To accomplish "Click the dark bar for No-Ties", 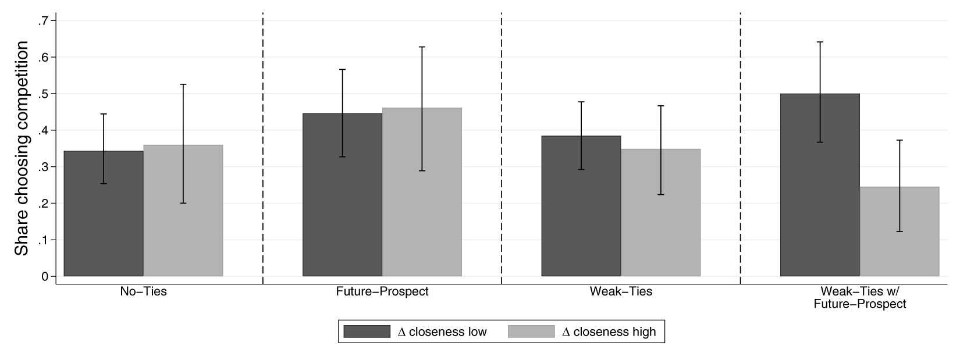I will click(104, 221).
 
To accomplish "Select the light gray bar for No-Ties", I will click(183, 221).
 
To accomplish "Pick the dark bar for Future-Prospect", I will click(342, 204).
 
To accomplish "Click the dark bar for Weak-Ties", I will click(581, 215).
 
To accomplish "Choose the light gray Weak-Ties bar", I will click(660, 221).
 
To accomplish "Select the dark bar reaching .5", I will click(820, 192).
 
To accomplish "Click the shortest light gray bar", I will click(899, 238).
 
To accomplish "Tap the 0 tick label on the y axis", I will click(45, 276).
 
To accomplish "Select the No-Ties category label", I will click(143, 291).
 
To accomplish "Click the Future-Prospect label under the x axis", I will click(382, 291).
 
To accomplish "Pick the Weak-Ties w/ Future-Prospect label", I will click(860, 297).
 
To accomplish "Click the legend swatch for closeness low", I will click(367, 332).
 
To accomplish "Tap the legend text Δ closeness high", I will click(609, 332).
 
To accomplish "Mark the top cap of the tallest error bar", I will click(820, 42).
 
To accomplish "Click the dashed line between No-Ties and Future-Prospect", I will click(263, 145).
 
